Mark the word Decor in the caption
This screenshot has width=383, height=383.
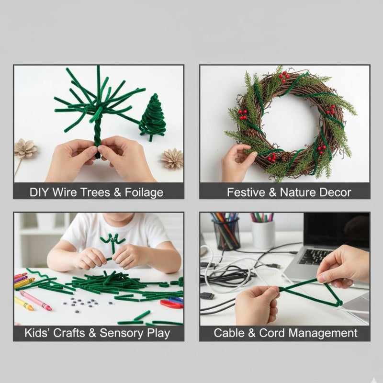(336, 192)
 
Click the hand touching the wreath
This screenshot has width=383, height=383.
(237, 162)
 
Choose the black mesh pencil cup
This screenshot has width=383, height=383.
(226, 235)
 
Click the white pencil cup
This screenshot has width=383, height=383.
(263, 234)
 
